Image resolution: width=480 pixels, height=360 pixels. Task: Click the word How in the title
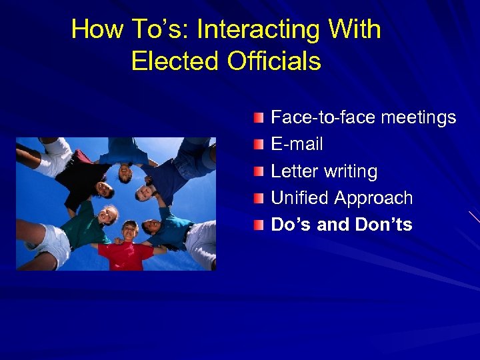coord(94,29)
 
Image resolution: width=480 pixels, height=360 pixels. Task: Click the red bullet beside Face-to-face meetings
coord(259,119)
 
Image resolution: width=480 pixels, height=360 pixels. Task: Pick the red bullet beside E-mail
coord(259,145)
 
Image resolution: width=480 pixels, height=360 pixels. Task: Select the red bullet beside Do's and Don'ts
coord(259,225)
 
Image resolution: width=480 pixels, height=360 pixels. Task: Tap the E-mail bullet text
coord(297,144)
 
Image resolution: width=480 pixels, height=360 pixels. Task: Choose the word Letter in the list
coord(294,171)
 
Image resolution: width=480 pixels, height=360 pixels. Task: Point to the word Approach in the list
coord(374,199)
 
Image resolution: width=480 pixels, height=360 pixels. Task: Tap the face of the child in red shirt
coord(129,231)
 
